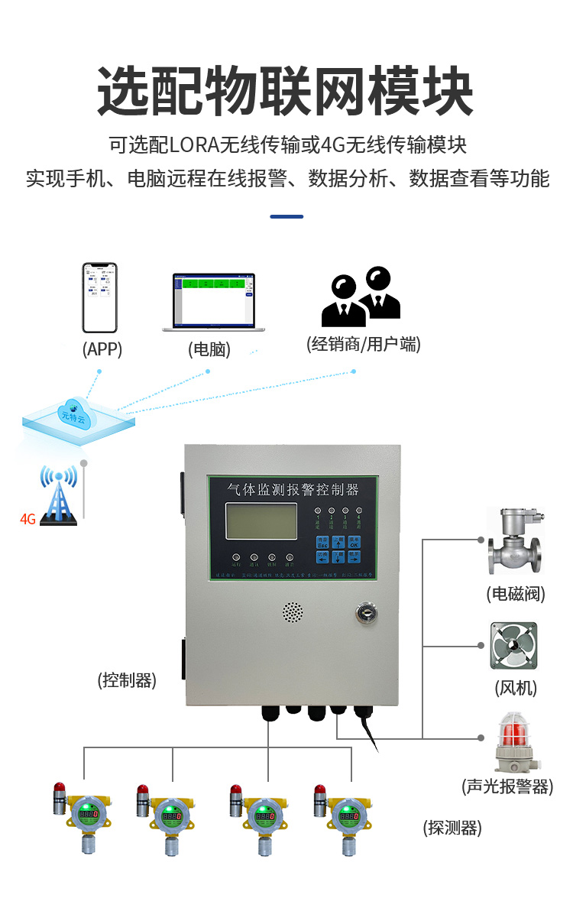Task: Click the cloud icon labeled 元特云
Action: [x=73, y=413]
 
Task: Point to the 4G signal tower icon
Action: [x=59, y=496]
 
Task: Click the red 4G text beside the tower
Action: [x=28, y=519]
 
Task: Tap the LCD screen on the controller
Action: [x=261, y=520]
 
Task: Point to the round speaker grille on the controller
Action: [x=293, y=611]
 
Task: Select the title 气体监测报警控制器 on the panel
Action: [x=293, y=488]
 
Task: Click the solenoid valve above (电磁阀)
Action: [x=514, y=543]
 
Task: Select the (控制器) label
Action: [x=127, y=679]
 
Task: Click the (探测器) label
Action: [x=452, y=827]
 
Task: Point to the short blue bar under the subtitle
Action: [x=286, y=216]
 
